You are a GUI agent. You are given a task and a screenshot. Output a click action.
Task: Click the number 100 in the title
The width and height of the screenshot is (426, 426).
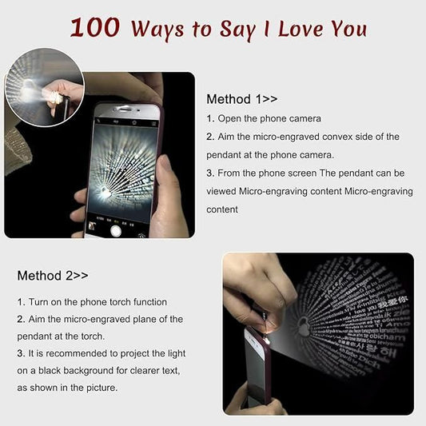[x=95, y=27]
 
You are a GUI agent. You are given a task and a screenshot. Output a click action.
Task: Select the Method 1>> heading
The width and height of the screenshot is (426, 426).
[x=241, y=99]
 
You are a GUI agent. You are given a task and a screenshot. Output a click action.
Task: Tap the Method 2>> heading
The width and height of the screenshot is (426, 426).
[x=53, y=275]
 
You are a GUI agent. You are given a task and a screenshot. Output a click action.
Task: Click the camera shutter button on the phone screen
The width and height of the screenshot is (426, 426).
[x=115, y=229]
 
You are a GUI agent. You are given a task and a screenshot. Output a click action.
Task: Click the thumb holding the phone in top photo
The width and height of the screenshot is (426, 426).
[x=165, y=180]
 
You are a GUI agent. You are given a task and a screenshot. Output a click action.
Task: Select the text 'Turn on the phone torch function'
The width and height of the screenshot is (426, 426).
[x=92, y=301]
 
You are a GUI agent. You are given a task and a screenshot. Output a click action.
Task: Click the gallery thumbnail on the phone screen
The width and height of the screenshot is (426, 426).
[x=93, y=227]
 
